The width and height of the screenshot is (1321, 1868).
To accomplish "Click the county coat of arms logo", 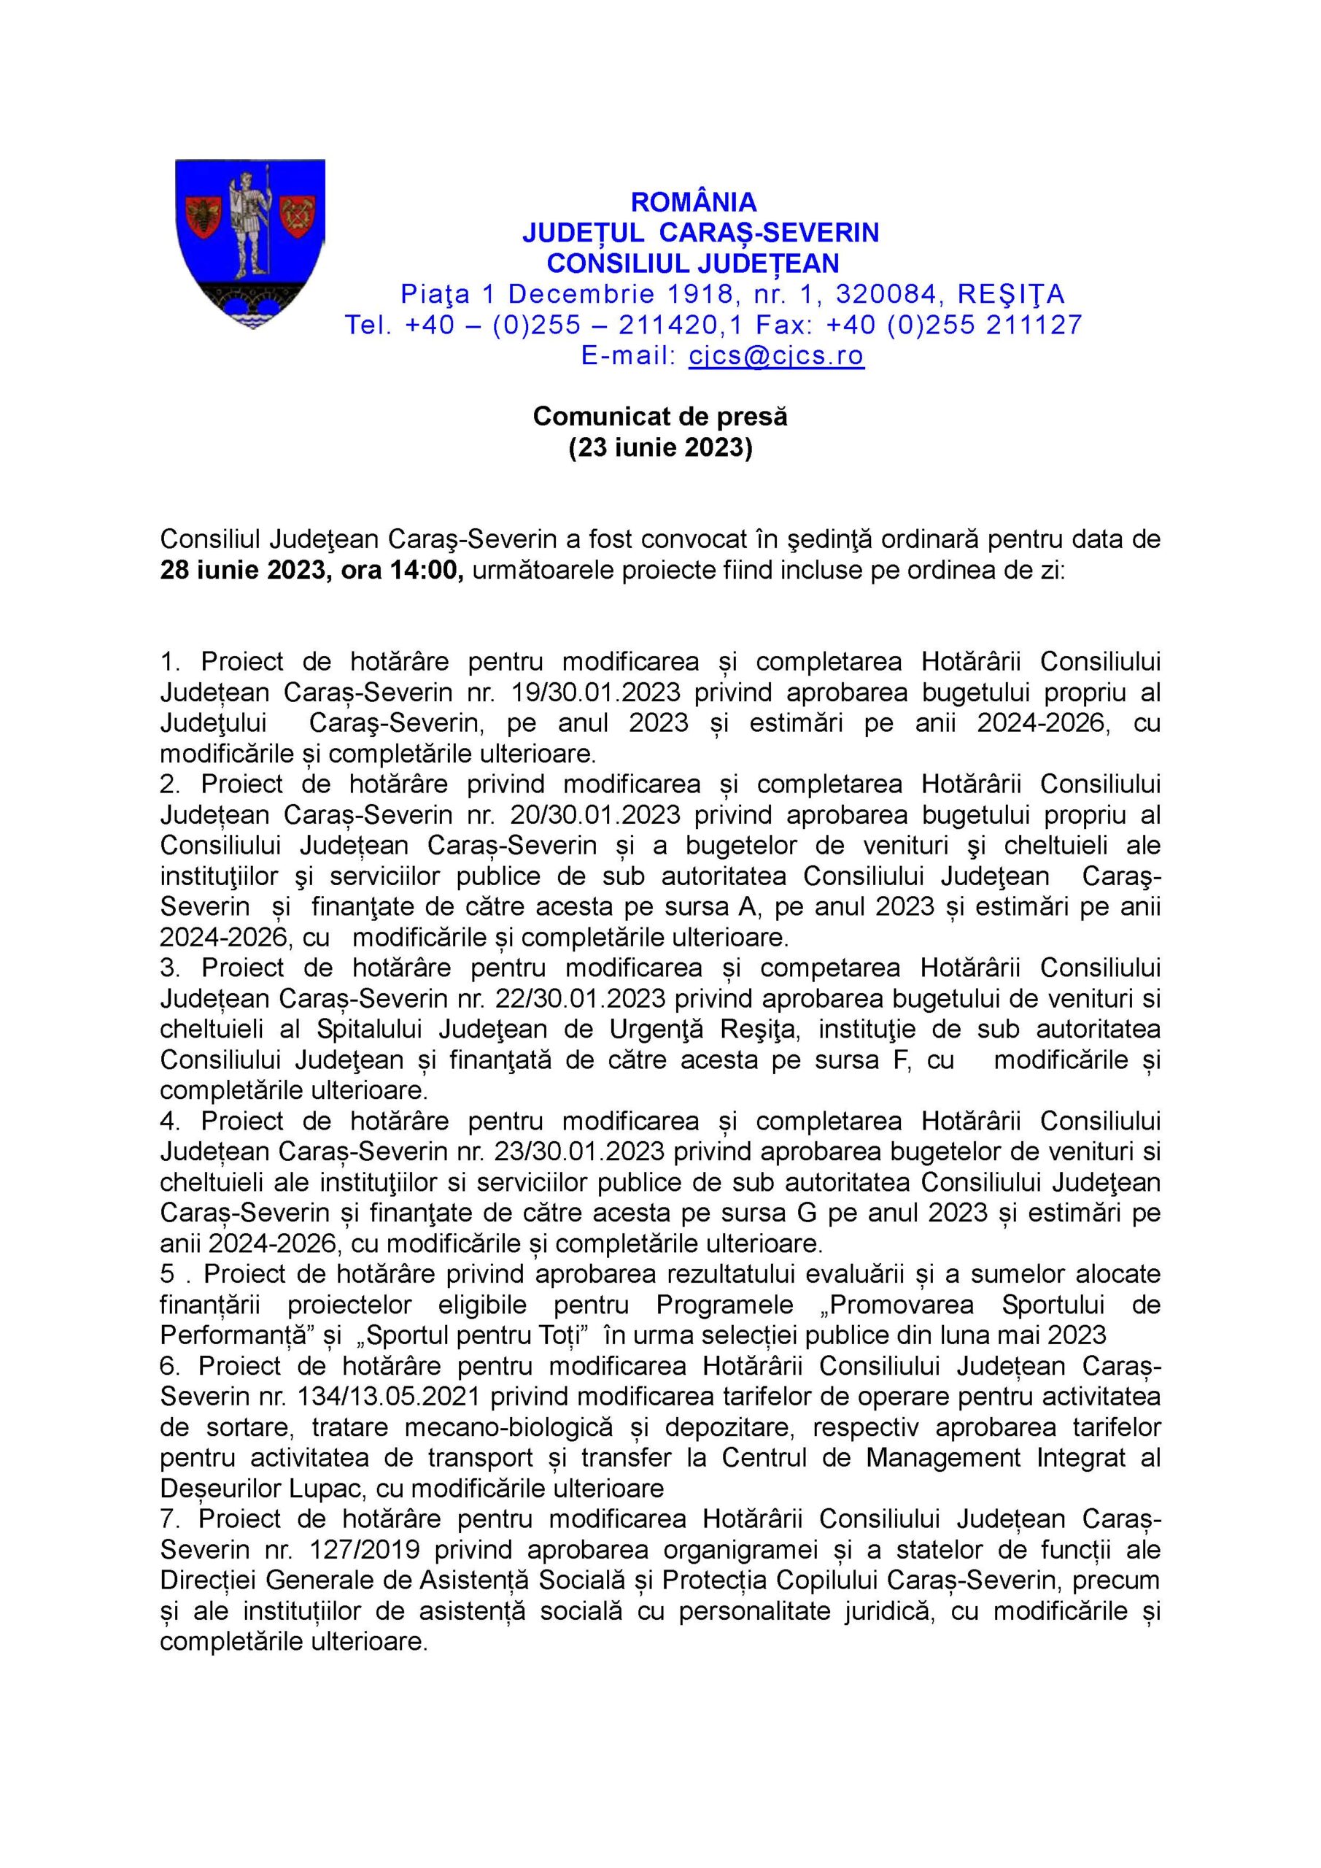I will [x=250, y=244].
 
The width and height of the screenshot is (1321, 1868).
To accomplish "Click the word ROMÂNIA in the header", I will [x=694, y=201].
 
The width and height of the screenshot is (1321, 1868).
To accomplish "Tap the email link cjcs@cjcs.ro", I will [x=776, y=355].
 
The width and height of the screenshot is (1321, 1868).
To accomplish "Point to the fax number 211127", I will [x=1034, y=325].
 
